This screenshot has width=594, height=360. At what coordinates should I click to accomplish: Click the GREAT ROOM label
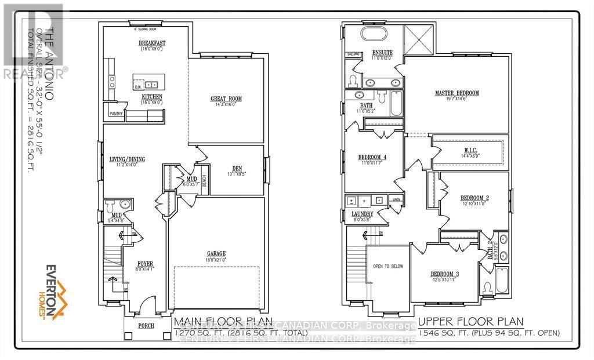(226, 99)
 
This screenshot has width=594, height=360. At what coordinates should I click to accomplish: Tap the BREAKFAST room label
(152, 43)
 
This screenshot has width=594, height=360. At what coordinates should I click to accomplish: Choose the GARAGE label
(215, 253)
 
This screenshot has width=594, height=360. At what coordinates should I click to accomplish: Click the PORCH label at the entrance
(146, 326)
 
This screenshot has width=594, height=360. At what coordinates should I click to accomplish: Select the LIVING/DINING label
(127, 159)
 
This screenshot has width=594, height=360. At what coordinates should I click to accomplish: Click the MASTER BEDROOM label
(457, 93)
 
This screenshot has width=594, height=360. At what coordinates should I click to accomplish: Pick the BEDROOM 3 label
(444, 274)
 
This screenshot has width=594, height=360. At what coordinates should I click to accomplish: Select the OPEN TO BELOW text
(388, 267)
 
